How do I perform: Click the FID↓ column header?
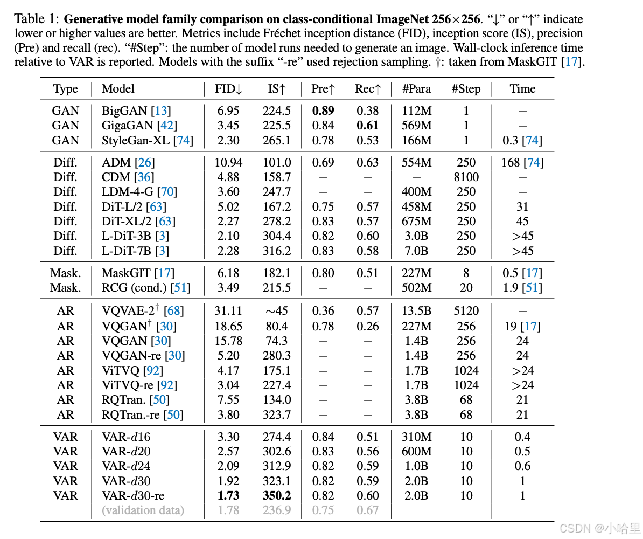tap(228, 89)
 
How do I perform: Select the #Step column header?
tap(466, 89)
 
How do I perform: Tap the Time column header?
tap(522, 89)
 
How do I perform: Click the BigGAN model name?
tap(124, 111)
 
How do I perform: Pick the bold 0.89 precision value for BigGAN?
tap(323, 111)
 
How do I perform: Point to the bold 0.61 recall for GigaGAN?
tap(368, 126)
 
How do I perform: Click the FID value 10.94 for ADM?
tap(228, 163)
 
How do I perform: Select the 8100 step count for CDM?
tap(466, 177)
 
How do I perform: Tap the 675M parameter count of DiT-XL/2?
tap(417, 222)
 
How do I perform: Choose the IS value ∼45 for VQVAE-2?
tap(277, 311)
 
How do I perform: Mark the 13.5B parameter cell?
tap(417, 311)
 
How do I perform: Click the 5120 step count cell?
tap(466, 311)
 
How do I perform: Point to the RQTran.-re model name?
tap(132, 415)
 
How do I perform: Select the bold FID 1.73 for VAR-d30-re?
tap(228, 496)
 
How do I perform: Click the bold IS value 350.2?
tap(277, 496)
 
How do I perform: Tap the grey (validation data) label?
tap(143, 510)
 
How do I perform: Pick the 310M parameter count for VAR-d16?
tap(417, 437)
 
